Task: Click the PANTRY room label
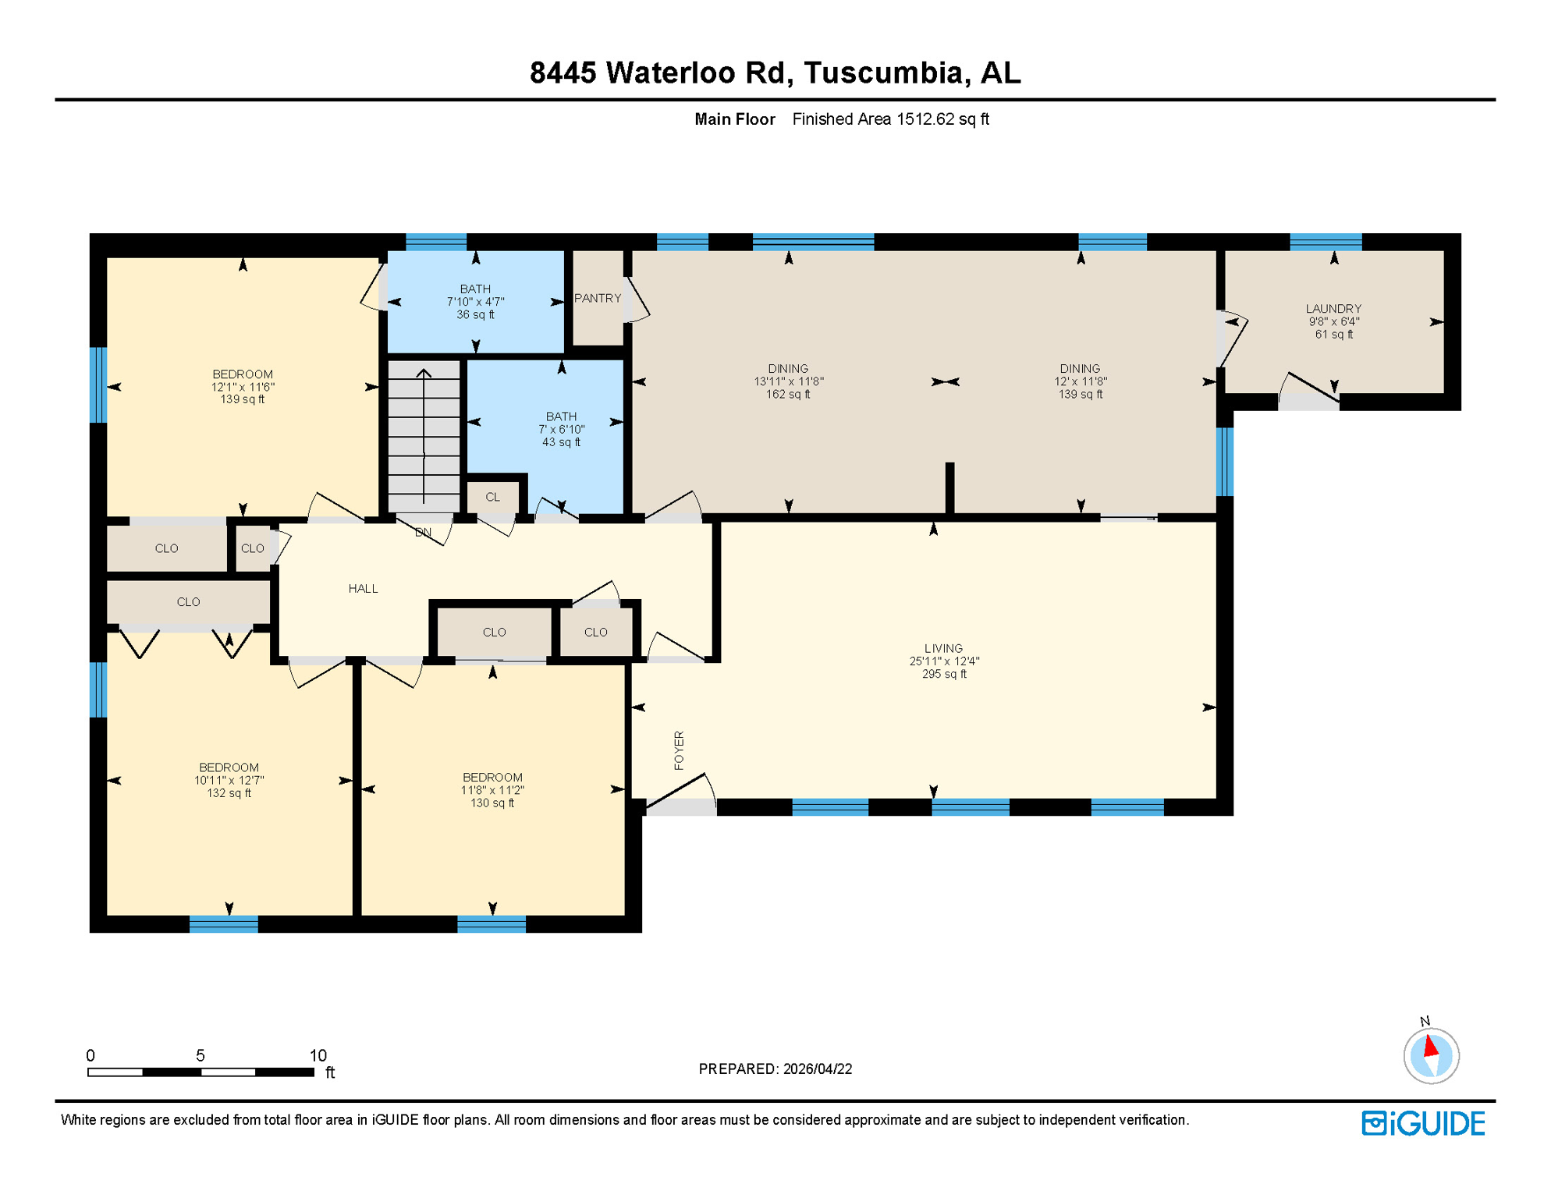tap(598, 298)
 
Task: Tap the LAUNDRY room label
tap(1333, 309)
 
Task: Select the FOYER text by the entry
tap(679, 750)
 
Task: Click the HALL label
tap(363, 589)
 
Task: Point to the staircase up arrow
tap(424, 374)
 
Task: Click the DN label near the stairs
tap(423, 533)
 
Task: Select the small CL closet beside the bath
tap(492, 497)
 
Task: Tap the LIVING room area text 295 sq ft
tap(943, 674)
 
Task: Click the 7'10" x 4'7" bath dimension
tap(475, 302)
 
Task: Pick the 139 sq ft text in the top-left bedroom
tap(242, 399)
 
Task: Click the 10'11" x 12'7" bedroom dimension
tap(229, 780)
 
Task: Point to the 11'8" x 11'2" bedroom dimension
tap(492, 790)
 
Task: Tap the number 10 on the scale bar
tap(318, 1055)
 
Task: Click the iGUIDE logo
tap(1423, 1123)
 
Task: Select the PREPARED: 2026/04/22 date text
tap(775, 1069)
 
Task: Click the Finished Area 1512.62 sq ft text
tap(890, 119)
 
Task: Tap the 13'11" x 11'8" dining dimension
tap(788, 381)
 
